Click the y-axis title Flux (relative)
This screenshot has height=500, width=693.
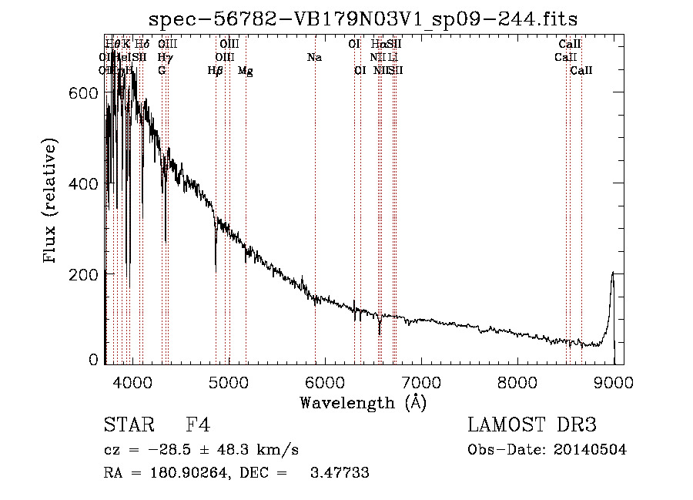click(51, 202)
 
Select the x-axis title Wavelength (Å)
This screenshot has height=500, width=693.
click(363, 402)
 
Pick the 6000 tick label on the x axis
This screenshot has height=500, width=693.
click(324, 383)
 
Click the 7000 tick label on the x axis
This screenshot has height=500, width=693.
click(421, 383)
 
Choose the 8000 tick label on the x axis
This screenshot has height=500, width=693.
click(517, 383)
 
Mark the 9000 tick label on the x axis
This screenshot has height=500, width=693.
click(614, 383)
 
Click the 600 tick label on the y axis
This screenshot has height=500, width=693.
click(84, 93)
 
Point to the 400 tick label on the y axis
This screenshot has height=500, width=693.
click(84, 184)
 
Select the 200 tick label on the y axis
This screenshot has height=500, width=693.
click(84, 274)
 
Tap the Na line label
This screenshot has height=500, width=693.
click(314, 57)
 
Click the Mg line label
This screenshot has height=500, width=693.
click(245, 71)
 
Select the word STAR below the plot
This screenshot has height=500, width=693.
click(126, 426)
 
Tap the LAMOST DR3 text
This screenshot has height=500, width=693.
click(532, 426)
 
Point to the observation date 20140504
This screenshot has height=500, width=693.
click(591, 450)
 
